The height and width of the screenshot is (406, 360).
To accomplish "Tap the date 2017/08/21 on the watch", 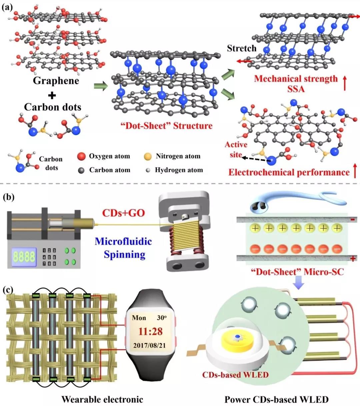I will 149,345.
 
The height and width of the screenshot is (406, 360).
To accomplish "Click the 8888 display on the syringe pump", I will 24,257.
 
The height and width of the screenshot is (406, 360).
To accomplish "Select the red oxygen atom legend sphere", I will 81,156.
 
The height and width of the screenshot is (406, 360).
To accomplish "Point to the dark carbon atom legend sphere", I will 81,170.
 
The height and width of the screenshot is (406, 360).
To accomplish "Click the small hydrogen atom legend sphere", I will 148,170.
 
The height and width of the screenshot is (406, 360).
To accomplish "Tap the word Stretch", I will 242,49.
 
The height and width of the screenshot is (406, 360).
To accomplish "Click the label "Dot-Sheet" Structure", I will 166,126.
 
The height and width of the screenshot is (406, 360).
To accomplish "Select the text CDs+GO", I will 123,213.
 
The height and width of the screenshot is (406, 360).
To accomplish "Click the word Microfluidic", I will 123,241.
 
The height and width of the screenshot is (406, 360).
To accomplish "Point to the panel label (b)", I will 8,197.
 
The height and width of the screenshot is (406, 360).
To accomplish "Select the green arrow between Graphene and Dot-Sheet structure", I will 101,87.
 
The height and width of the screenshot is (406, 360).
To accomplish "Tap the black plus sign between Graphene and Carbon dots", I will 52,95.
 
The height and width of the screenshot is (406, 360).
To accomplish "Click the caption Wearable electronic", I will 102,399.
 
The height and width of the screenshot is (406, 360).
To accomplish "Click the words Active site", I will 236,149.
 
